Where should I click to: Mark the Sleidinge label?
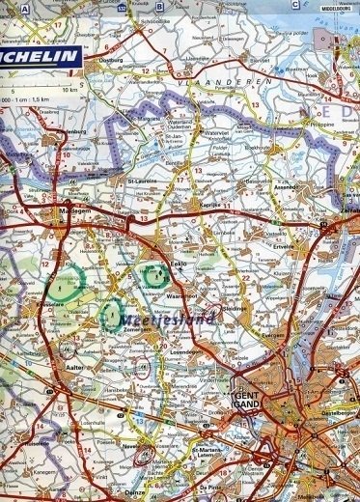tap(235, 308)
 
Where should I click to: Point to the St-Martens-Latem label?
tap(208, 451)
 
